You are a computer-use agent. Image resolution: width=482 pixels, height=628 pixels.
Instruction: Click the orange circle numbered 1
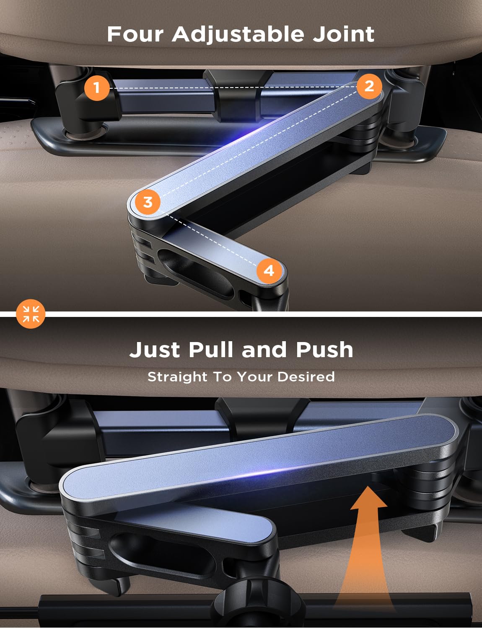tap(97, 88)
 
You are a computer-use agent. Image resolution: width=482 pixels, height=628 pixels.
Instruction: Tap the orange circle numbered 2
tap(369, 86)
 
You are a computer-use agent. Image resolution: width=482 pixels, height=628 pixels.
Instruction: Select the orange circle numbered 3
tap(148, 202)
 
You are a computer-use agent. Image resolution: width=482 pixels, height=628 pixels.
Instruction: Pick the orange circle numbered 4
tap(269, 271)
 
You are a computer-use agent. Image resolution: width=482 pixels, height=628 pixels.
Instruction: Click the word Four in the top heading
tap(135, 34)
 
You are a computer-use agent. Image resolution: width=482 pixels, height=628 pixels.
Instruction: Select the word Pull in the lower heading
tap(211, 350)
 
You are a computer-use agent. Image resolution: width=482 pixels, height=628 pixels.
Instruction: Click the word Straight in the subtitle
tap(177, 376)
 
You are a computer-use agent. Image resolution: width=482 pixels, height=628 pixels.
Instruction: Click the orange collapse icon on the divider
tap(31, 314)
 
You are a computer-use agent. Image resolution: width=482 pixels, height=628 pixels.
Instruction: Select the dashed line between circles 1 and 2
tap(233, 87)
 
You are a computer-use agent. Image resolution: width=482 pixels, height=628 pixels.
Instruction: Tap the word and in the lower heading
tap(264, 350)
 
